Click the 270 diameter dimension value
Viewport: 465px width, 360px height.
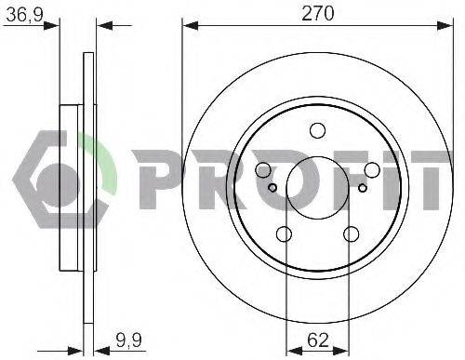tap(318, 14)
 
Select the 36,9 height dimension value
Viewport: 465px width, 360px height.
tap(24, 15)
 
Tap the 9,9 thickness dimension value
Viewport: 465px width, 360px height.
tap(129, 340)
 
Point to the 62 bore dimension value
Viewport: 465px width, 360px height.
tap(318, 340)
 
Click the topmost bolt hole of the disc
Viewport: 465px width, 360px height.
tap(317, 130)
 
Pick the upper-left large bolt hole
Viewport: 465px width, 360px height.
tap(263, 170)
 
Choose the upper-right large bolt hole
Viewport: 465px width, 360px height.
tap(372, 170)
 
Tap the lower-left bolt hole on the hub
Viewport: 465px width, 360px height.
tap(284, 234)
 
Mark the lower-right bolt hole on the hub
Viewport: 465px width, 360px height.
tap(352, 234)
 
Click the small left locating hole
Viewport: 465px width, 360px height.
tap(272, 188)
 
